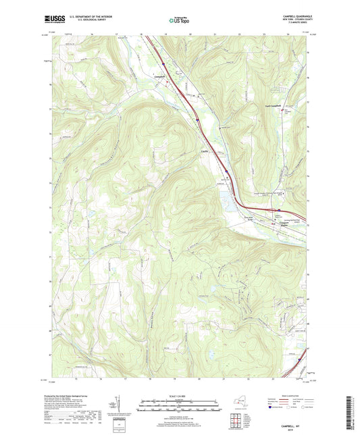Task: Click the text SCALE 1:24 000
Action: pos(179,396)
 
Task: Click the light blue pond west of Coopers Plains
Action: pos(224,200)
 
